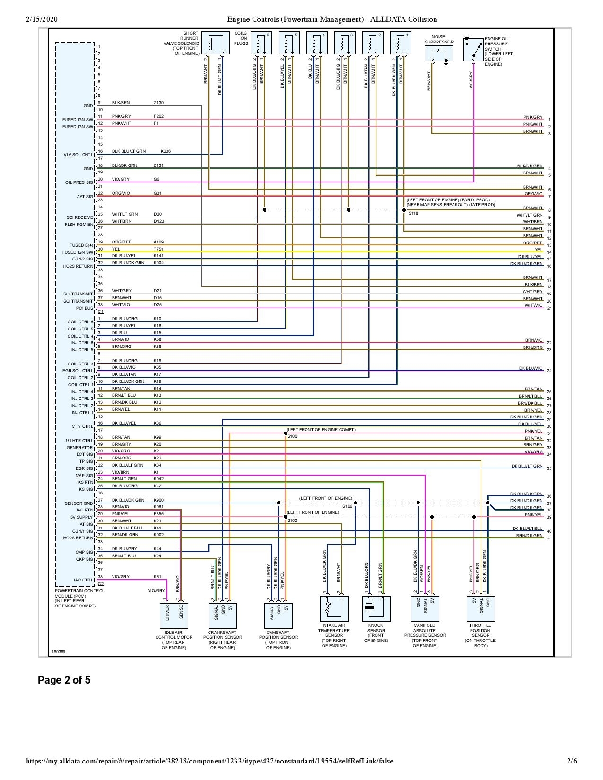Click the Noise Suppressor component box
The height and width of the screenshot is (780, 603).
[439, 54]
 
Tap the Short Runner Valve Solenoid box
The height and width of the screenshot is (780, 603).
[215, 43]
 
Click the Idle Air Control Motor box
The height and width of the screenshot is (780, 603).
[174, 615]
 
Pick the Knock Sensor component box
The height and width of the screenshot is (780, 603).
[376, 608]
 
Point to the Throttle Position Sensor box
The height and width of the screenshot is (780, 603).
[481, 608]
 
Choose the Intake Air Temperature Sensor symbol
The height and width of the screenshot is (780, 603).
[334, 608]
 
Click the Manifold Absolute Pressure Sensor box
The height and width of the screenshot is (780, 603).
[425, 608]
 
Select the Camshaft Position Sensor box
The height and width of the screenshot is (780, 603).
[279, 615]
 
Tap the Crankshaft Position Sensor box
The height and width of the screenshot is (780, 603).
[222, 615]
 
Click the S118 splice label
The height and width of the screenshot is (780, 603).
[413, 214]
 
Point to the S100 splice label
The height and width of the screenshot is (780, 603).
[292, 436]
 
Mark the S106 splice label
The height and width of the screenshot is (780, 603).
[347, 506]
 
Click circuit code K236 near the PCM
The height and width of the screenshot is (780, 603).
[166, 151]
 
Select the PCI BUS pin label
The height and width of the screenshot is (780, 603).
[83, 308]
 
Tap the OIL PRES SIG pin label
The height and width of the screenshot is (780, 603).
[79, 182]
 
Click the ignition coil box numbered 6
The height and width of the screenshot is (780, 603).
[261, 43]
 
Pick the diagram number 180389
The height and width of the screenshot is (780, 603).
[59, 651]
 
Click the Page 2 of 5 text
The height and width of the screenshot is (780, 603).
[64, 680]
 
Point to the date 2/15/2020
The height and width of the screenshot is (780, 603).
[41, 19]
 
